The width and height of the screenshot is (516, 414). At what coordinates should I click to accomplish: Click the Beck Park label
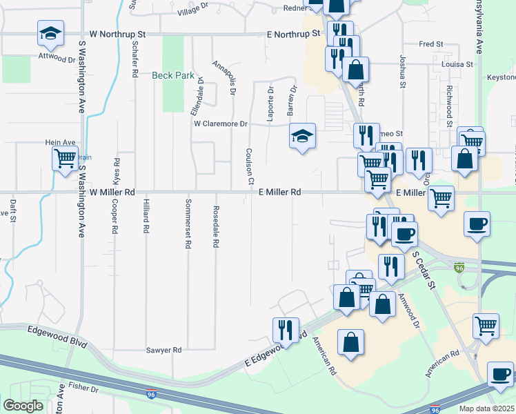[x=173, y=75]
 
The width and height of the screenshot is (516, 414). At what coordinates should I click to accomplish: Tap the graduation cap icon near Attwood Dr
[x=49, y=32]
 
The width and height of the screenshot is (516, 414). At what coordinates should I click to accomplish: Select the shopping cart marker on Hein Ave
[x=65, y=159]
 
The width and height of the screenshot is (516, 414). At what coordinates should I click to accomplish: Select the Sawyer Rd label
[x=163, y=351]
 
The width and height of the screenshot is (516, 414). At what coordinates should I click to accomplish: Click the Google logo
[x=23, y=406]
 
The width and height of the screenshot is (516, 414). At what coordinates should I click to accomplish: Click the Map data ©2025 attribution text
[x=487, y=408]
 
